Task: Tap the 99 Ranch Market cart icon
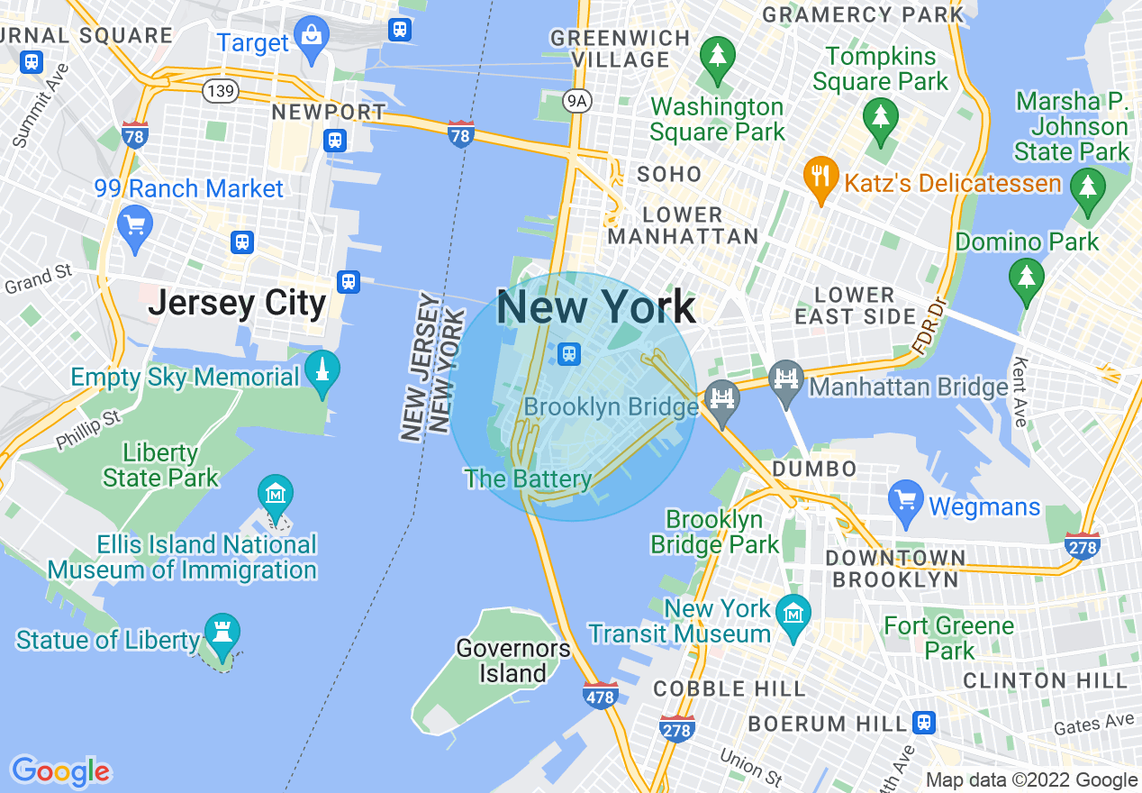coord(134,225)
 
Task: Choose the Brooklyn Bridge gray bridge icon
coord(722,397)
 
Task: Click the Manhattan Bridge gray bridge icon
coord(786,378)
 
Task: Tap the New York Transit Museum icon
coord(793,616)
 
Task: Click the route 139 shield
coord(221,90)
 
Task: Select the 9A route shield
coord(577,101)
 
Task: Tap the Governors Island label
coord(512,661)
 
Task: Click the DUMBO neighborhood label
coord(815,469)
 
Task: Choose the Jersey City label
coord(237,303)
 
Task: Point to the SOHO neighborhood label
coord(668,174)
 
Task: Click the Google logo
coord(60,771)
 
